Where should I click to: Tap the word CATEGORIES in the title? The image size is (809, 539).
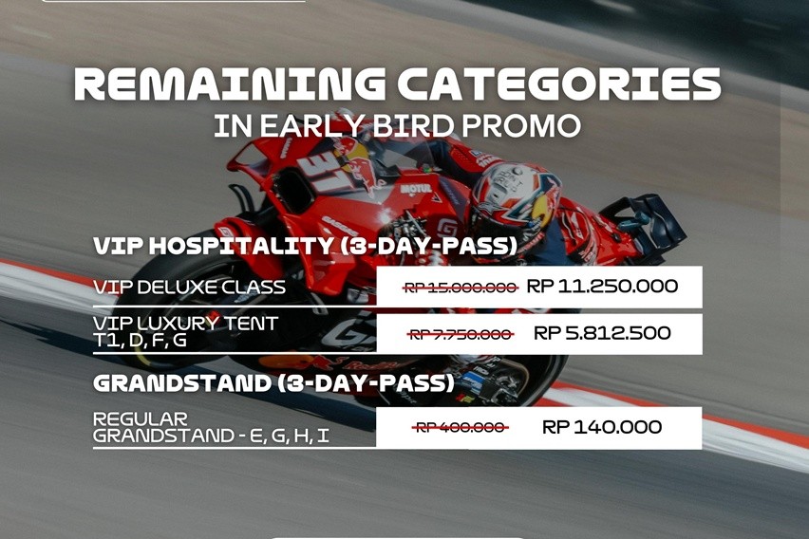[x=559, y=86]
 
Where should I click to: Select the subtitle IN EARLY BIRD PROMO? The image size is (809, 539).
[x=397, y=126]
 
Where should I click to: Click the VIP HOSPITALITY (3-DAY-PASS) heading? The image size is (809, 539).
[x=305, y=247]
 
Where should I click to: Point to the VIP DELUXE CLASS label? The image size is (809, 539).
[x=189, y=287]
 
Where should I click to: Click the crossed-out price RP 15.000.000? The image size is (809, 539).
[x=461, y=287]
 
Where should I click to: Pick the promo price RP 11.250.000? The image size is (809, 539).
[x=602, y=287]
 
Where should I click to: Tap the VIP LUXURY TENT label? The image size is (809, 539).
[x=186, y=324]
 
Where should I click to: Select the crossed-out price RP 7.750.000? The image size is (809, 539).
[x=461, y=334]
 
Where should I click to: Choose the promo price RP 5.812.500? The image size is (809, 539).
[x=602, y=333]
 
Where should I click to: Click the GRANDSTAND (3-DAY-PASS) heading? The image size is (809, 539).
[x=273, y=384]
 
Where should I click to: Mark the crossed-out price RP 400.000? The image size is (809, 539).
[x=461, y=428]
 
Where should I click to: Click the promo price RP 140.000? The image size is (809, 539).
[x=602, y=427]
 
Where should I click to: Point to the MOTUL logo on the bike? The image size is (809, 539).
[x=415, y=188]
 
